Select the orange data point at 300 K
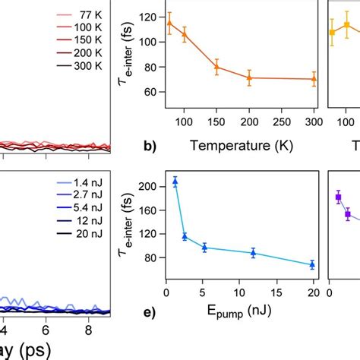(314, 79)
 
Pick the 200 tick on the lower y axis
(149, 186)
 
